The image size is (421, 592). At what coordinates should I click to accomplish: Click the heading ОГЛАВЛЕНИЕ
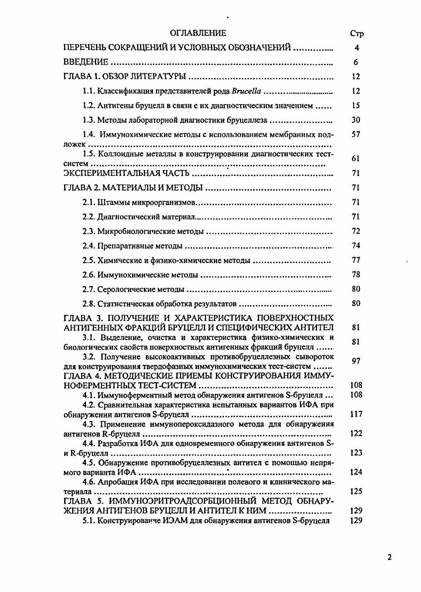(197, 33)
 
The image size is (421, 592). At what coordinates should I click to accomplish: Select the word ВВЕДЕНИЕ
(85, 62)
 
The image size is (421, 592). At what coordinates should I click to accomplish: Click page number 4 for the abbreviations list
(356, 48)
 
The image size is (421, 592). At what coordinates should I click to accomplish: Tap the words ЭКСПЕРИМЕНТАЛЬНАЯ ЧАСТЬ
(127, 173)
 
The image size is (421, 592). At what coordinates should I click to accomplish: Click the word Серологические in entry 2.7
(124, 289)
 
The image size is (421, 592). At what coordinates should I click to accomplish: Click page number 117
(356, 414)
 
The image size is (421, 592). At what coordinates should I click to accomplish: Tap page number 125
(356, 492)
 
